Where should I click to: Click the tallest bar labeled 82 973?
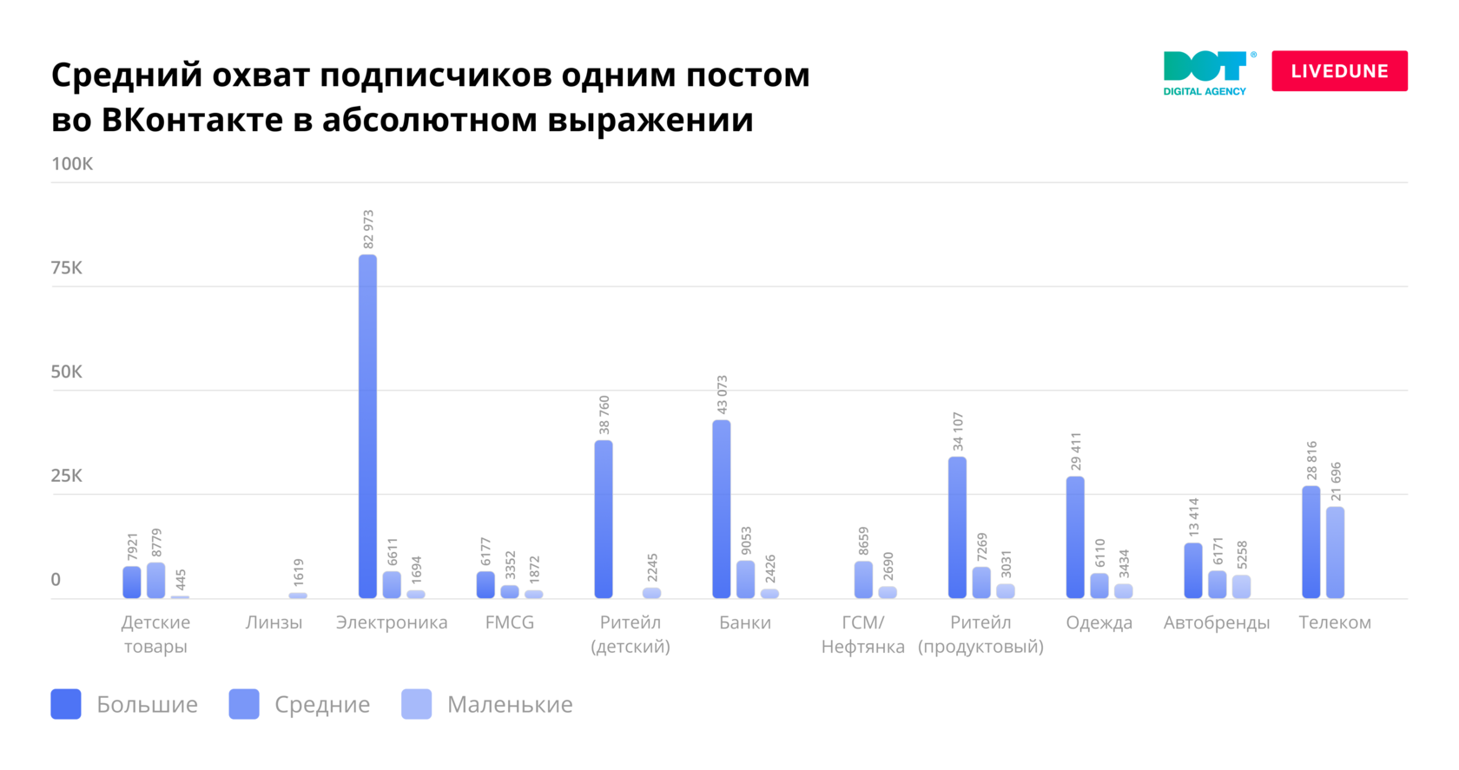click(x=367, y=425)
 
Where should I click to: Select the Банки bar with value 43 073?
click(x=721, y=509)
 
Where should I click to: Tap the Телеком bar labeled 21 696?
click(x=1335, y=552)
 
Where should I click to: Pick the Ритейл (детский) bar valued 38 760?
click(x=604, y=519)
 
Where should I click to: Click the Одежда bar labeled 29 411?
click(x=1075, y=536)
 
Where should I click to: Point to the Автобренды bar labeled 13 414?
click(x=1193, y=570)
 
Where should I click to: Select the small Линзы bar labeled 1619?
click(x=298, y=596)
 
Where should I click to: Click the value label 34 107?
click(x=958, y=431)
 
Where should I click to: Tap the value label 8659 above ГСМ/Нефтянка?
click(x=863, y=541)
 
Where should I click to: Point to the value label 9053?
click(x=746, y=541)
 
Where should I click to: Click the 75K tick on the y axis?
click(x=67, y=267)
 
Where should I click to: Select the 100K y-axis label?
click(x=72, y=164)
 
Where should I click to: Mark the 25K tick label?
click(x=67, y=475)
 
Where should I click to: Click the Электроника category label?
click(x=392, y=622)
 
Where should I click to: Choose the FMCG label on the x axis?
click(x=510, y=622)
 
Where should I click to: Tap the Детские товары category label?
click(x=155, y=634)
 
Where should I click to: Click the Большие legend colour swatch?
click(x=66, y=704)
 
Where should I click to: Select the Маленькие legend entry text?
click(x=510, y=704)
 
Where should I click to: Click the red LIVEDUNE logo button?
click(x=1339, y=71)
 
